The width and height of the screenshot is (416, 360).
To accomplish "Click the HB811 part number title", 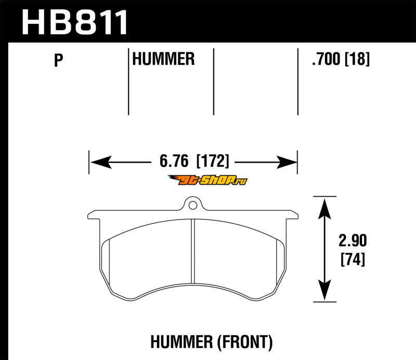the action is pyautogui.click(x=74, y=22).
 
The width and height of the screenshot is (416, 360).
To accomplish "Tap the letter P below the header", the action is pyautogui.click(x=58, y=60).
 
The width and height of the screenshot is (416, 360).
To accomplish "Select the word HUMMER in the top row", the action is pyautogui.click(x=163, y=59).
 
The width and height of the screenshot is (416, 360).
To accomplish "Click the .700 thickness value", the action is pyautogui.click(x=326, y=59).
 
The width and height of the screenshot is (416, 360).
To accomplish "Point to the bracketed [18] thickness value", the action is pyautogui.click(x=357, y=59).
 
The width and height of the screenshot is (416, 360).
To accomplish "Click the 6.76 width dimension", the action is pyautogui.click(x=174, y=161).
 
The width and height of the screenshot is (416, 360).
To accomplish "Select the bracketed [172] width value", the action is pyautogui.click(x=213, y=161).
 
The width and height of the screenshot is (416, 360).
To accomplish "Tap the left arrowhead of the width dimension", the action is pyautogui.click(x=101, y=162).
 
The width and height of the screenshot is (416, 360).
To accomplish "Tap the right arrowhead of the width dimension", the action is pyautogui.click(x=287, y=162).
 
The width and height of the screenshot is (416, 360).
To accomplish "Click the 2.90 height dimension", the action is pyautogui.click(x=353, y=240).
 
